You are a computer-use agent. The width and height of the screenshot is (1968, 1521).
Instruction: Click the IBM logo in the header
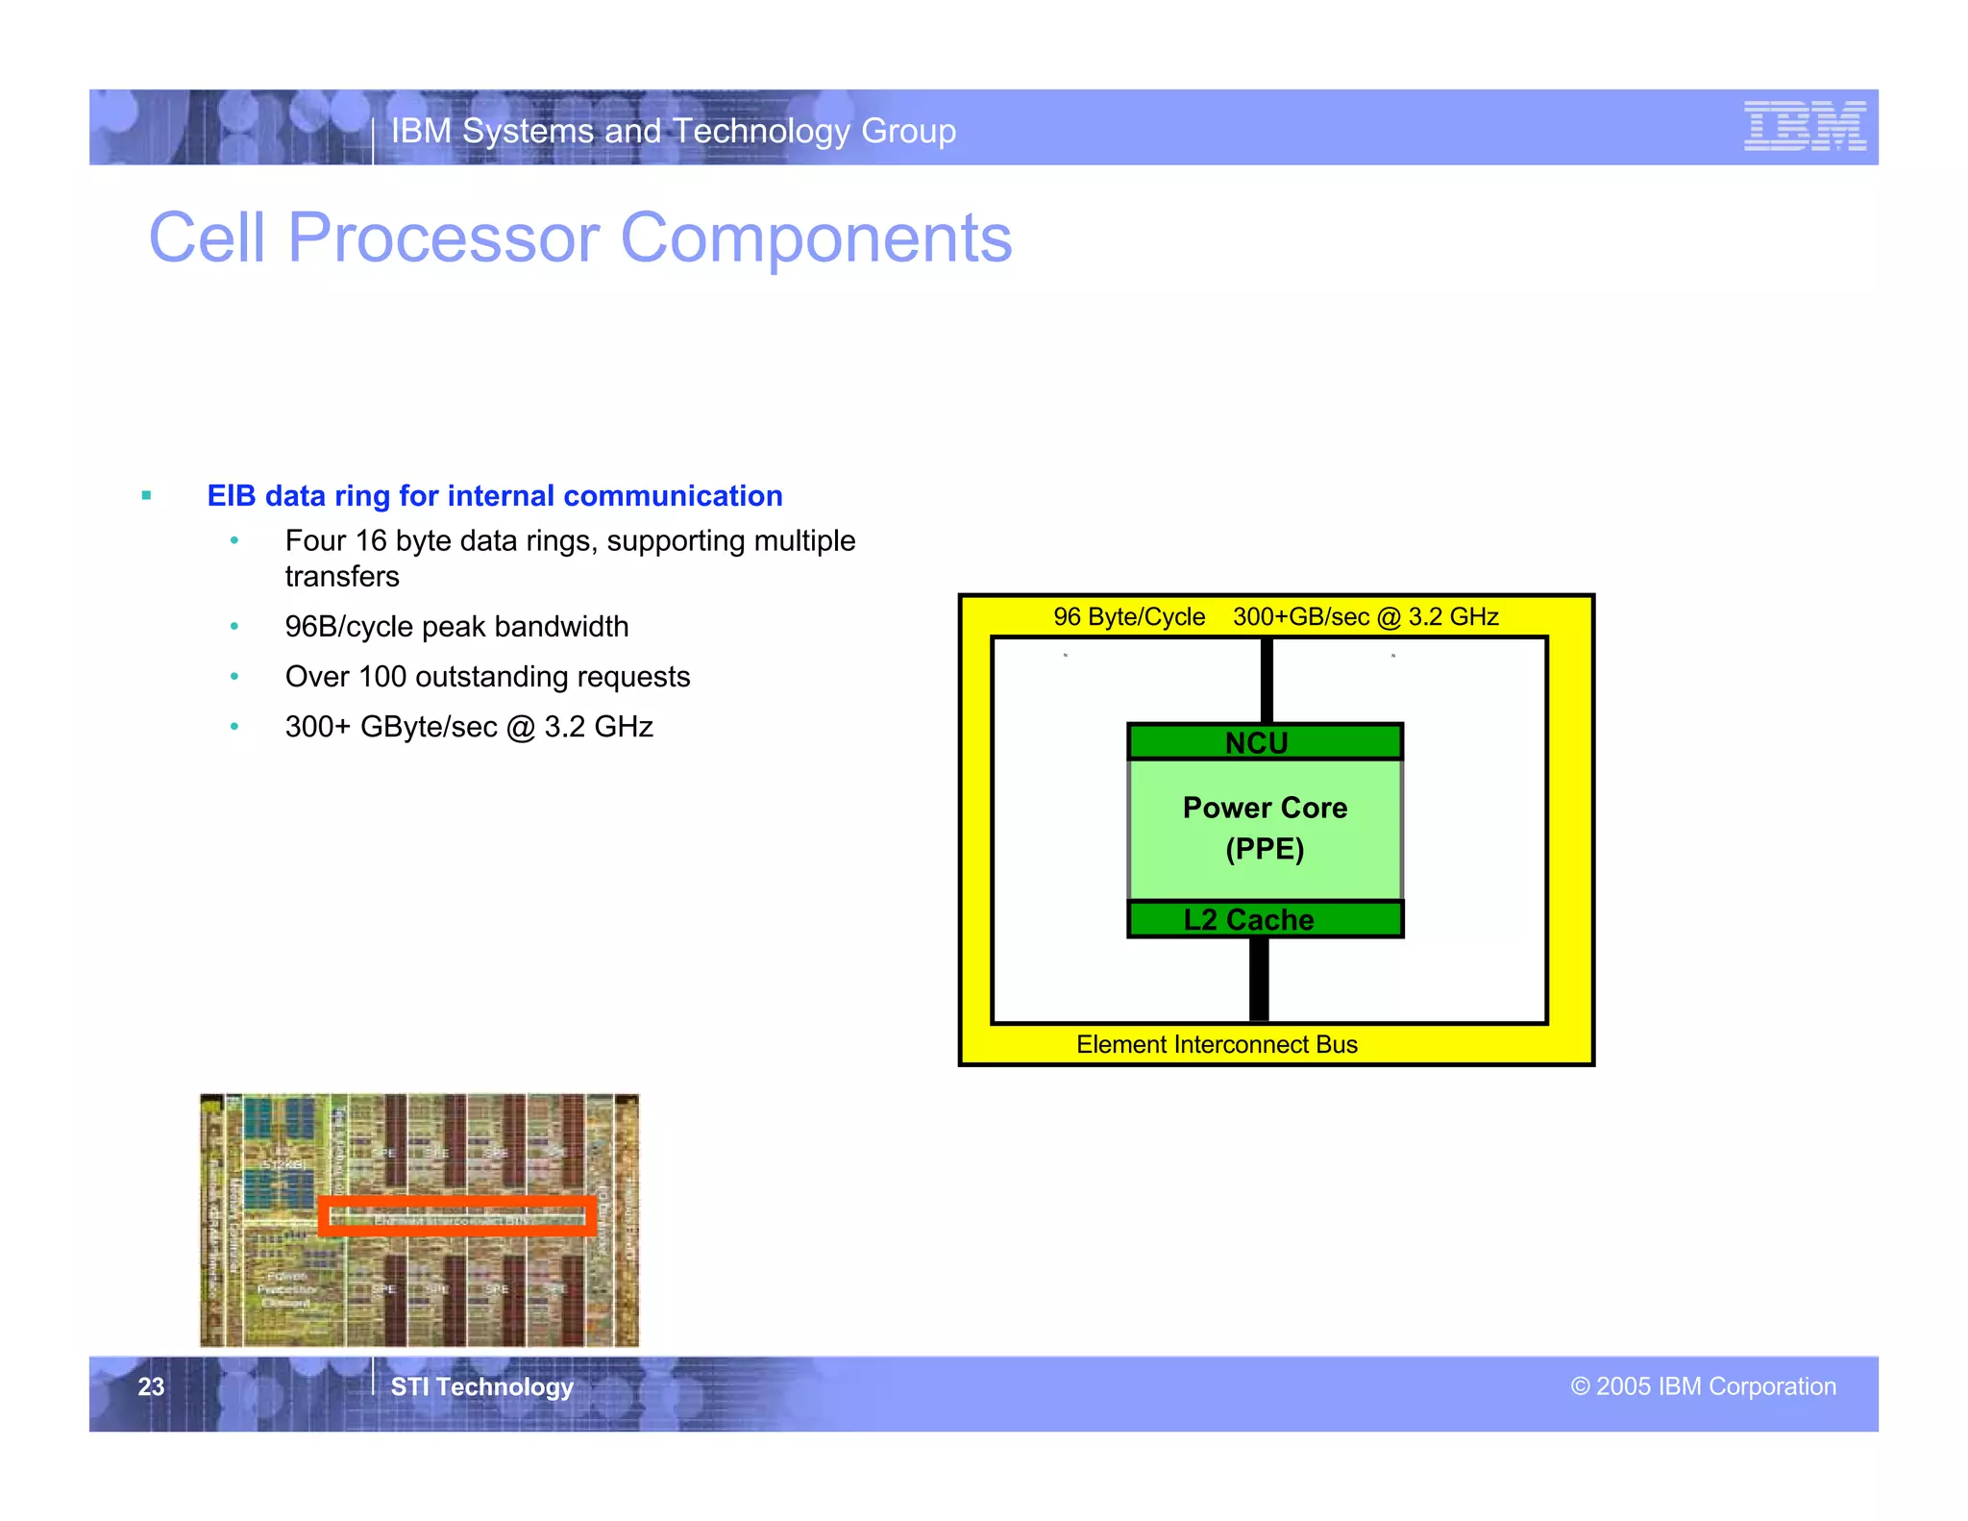coord(1805,126)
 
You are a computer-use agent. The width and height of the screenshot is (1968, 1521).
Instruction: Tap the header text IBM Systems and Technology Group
coord(673,131)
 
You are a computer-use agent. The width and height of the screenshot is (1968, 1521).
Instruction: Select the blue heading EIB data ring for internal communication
coord(495,496)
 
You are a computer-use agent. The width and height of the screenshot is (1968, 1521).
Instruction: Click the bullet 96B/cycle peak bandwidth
coord(456,627)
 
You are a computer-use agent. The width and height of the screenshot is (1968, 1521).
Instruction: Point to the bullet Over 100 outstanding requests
coord(487,677)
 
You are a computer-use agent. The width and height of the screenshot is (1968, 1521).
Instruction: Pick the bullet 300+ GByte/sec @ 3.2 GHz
coord(469,727)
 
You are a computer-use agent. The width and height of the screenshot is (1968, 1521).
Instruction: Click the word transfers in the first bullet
coord(342,577)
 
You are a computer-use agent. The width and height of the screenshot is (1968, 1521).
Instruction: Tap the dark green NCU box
coord(1265,742)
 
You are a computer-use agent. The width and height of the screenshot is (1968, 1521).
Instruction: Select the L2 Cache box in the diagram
coord(1265,919)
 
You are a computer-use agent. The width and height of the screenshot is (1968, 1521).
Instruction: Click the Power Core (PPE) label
coord(1265,828)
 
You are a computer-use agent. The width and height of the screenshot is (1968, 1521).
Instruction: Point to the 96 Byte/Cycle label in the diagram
coord(1128,617)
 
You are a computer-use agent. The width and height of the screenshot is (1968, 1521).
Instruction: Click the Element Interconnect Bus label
coord(1217,1045)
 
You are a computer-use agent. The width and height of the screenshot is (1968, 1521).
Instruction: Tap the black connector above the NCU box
coord(1267,681)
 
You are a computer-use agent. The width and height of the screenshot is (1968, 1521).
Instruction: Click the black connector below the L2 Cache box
coord(1259,979)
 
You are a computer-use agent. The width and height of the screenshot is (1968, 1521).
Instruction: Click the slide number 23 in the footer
coord(151,1386)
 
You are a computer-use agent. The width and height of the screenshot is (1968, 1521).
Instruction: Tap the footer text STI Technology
coord(481,1386)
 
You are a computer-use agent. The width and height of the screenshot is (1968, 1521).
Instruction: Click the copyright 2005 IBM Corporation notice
coord(1703,1386)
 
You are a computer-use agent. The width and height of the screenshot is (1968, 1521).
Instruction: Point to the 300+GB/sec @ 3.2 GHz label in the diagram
coord(1365,617)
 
